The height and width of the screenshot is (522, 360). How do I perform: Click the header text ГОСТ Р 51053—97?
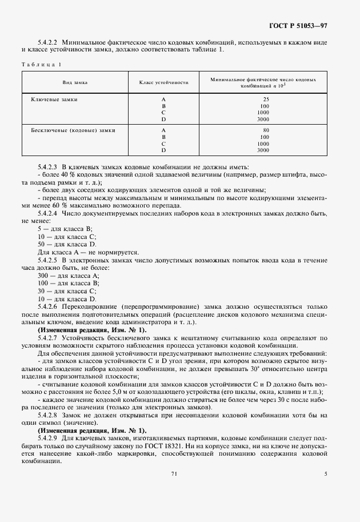(309, 26)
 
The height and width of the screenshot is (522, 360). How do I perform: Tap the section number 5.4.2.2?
(49, 42)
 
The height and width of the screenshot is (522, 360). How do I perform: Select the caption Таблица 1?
(41, 64)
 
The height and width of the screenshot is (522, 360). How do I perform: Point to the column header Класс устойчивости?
(164, 82)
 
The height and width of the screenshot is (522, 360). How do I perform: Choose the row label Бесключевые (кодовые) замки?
(73, 130)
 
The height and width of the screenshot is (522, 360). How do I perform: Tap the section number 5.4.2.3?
(49, 164)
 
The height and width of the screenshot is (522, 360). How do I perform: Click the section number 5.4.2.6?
(49, 306)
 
